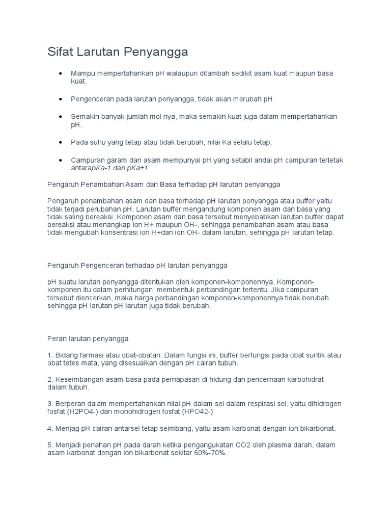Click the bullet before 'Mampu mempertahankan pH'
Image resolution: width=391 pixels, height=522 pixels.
61,73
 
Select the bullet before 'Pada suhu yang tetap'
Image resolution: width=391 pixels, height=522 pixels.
61,142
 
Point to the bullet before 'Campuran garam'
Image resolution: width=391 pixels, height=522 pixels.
61,160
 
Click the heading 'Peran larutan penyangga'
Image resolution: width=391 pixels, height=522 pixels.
88,338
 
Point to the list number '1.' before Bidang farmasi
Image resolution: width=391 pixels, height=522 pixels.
50,355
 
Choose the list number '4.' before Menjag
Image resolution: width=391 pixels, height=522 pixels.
50,428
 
